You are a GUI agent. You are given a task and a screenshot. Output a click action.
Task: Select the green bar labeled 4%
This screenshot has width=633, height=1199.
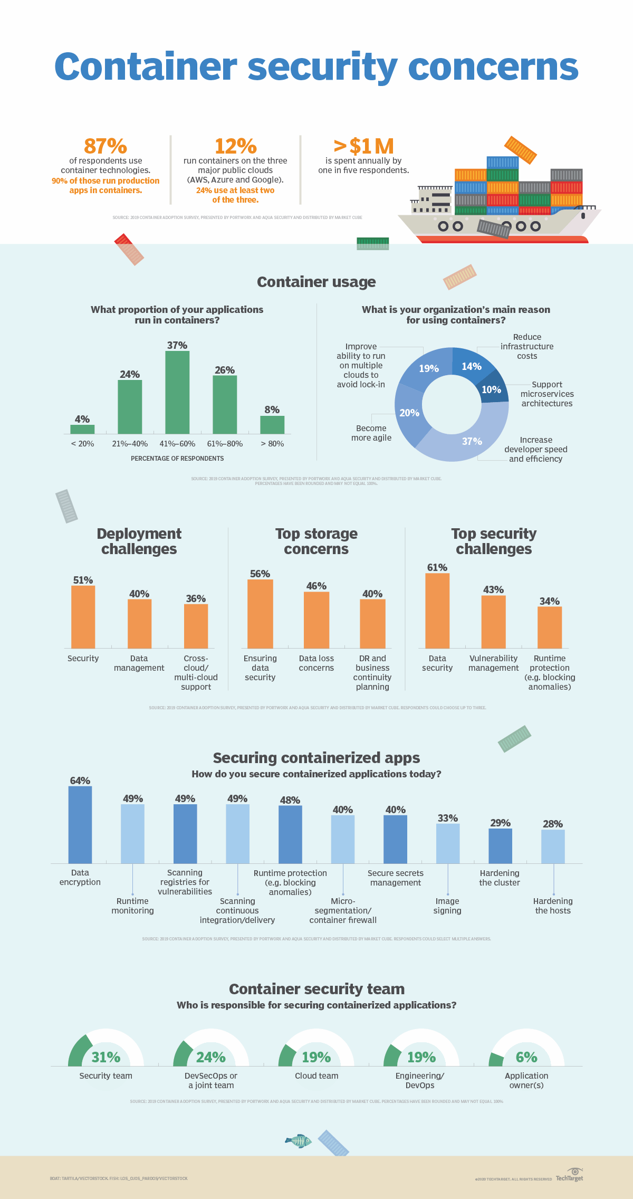point(82,429)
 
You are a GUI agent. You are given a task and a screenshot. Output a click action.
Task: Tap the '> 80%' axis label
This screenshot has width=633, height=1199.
point(272,444)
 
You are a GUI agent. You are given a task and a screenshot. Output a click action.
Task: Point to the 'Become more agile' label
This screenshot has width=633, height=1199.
point(371,433)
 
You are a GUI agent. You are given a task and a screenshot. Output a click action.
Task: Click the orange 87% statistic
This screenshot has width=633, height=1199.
point(105,146)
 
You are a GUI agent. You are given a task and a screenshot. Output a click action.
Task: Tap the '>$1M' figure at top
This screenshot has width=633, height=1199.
point(363,146)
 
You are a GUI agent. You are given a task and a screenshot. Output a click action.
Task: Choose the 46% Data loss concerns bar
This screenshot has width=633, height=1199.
point(316,620)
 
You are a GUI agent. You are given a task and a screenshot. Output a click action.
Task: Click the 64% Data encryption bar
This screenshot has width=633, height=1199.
point(80,824)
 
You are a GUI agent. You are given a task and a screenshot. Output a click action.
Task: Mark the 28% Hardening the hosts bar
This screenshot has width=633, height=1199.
point(553,846)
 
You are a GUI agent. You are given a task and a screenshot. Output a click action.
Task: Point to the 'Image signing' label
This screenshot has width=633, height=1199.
point(447,906)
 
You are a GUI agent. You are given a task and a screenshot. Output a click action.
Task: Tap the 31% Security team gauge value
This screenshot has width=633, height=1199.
point(106,1057)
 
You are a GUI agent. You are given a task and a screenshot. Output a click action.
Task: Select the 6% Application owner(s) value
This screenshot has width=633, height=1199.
point(526,1057)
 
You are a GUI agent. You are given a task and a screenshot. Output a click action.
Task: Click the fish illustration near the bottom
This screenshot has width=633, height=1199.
point(299,1141)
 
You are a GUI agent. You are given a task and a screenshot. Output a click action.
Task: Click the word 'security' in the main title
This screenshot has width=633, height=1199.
point(322,68)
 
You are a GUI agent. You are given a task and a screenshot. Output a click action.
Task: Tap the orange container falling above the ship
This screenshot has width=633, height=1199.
point(520,149)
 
